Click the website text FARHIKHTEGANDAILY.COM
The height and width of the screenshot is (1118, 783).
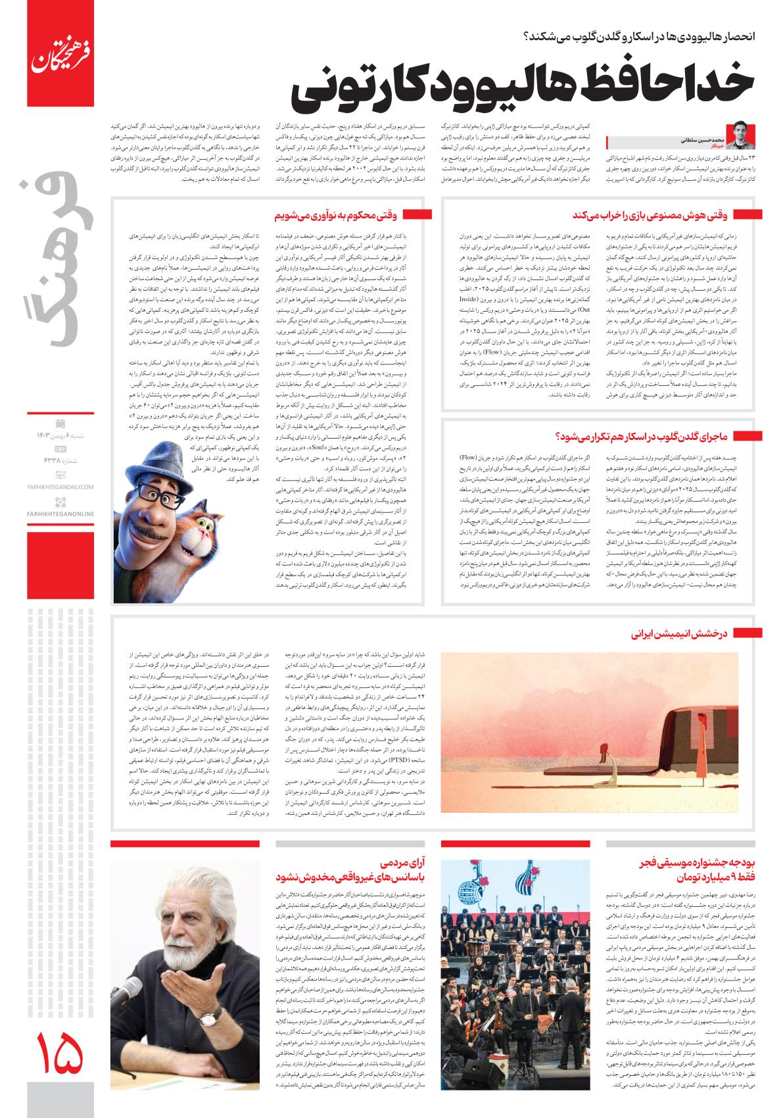62,487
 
